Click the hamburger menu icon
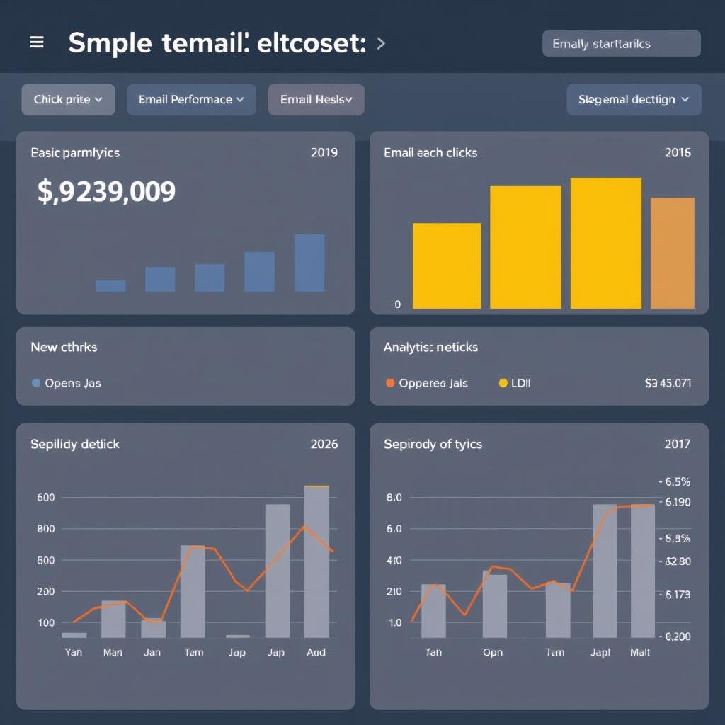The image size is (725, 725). [x=36, y=42]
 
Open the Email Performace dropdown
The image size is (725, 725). [x=191, y=100]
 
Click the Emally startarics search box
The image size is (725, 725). [x=621, y=44]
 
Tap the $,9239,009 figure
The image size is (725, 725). [x=106, y=192]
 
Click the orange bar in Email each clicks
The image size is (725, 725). [x=672, y=253]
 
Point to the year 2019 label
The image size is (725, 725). [x=324, y=152]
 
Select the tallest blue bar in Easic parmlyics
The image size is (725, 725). [x=309, y=263]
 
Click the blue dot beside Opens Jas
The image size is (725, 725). [x=36, y=383]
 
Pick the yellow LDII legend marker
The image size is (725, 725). [x=503, y=383]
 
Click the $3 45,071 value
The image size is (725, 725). [x=668, y=383]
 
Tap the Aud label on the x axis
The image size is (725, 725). [x=316, y=652]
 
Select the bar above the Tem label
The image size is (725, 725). [x=193, y=591]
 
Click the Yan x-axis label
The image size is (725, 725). [x=74, y=652]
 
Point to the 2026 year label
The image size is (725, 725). [x=324, y=444]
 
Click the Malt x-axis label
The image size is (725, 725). [x=640, y=652]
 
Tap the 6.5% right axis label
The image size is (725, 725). [x=675, y=482]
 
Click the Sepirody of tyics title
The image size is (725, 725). [x=433, y=444]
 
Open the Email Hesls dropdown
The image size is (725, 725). [x=316, y=100]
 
